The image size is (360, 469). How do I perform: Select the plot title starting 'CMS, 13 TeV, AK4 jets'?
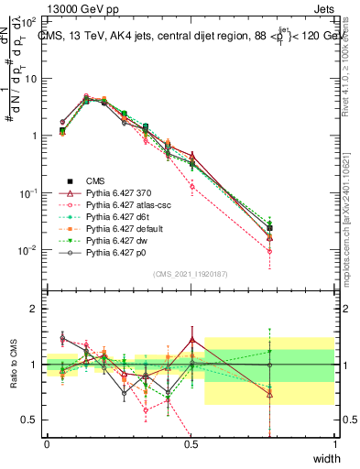183,35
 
